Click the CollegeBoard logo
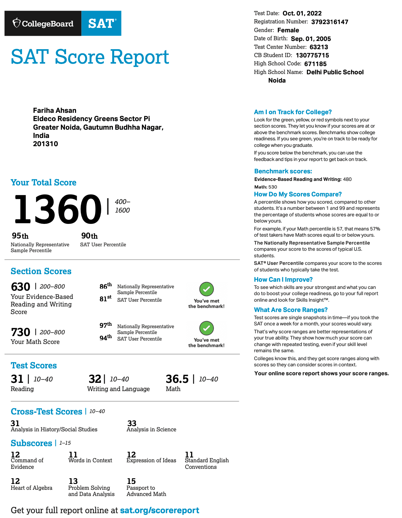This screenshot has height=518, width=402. point(43,23)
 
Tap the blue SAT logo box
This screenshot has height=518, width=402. point(102,23)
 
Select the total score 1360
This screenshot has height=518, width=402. point(57,209)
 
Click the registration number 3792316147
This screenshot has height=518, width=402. point(329,22)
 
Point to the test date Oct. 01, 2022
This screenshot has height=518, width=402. point(302,13)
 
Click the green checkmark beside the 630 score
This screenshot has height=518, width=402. point(207,289)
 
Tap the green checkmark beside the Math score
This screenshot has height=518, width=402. point(207,328)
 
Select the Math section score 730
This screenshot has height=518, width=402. point(21,332)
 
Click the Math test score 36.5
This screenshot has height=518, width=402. point(177,379)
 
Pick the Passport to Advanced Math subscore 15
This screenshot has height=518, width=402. point(131,481)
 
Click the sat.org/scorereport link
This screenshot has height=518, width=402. point(159,510)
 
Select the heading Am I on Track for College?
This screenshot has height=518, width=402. point(293,112)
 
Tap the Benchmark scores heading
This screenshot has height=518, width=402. point(283,171)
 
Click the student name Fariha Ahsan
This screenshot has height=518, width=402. point(55,110)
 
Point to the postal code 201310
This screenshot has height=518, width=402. point(45,144)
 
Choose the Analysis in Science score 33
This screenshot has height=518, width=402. point(132,423)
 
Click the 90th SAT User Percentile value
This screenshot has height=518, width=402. point(89,236)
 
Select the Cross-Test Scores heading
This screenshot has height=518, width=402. point(46,412)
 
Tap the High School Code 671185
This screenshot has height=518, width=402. point(315,64)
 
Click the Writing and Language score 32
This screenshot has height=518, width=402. point(95,379)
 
